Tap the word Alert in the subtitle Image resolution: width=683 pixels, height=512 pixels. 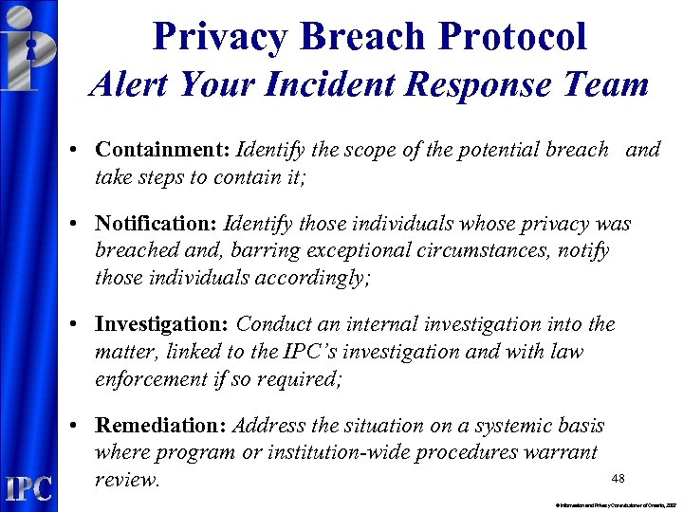[x=133, y=86]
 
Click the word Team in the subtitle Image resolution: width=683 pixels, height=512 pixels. [x=606, y=86]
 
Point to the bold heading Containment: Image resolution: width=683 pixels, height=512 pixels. [x=162, y=150]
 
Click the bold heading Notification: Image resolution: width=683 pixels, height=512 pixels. [x=157, y=225]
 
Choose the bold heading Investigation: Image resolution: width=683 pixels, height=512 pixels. [x=162, y=324]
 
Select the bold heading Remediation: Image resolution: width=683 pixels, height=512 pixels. [x=161, y=425]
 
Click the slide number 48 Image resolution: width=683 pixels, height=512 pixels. [x=618, y=479]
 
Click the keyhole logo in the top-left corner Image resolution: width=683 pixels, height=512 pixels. [x=28, y=47]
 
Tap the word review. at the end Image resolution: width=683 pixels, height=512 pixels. [x=128, y=479]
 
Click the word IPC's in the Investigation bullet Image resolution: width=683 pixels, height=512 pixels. [x=302, y=351]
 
